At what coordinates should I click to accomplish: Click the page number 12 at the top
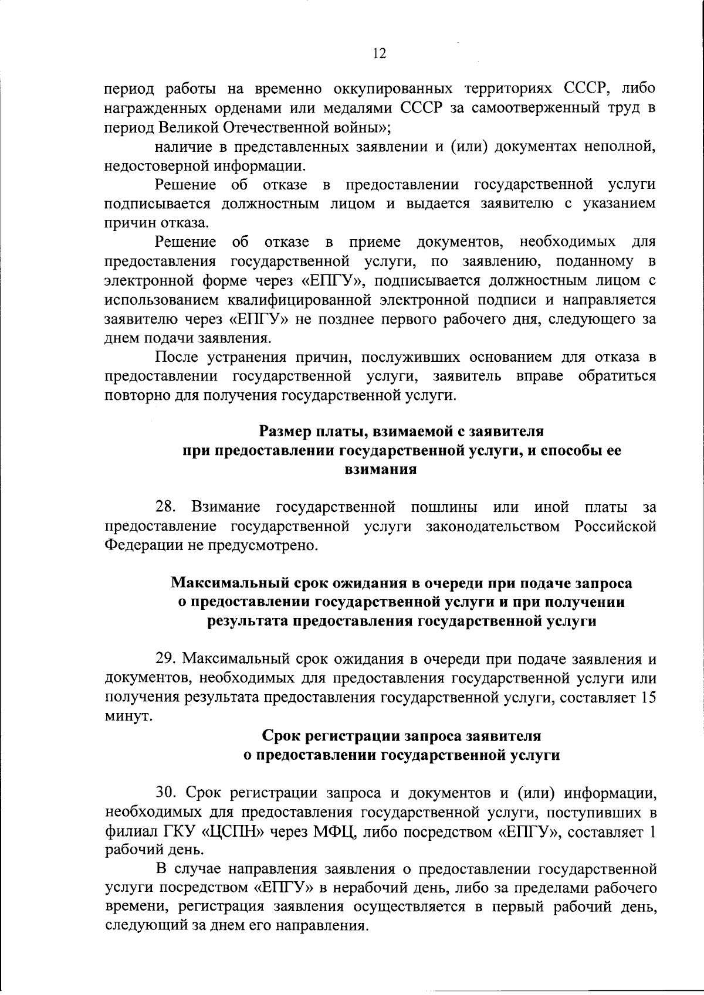tap(379, 54)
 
